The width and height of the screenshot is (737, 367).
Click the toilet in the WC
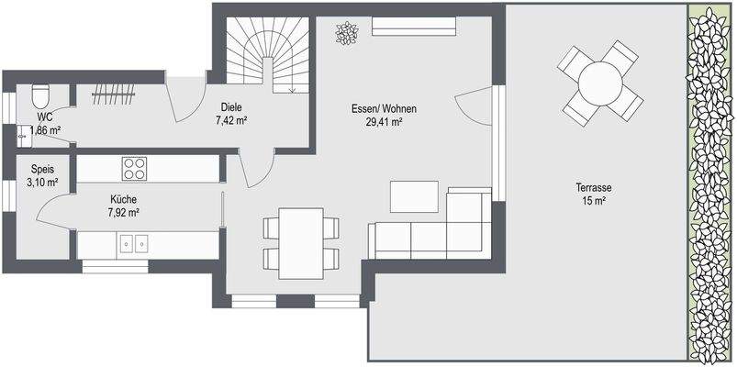click(39, 96)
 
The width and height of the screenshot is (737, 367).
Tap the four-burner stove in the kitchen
click(135, 168)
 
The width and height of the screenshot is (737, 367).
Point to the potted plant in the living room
click(347, 34)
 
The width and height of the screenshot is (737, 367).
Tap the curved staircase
click(266, 55)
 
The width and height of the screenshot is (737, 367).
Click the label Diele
click(231, 106)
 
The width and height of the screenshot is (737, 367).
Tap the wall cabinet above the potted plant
click(413, 26)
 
